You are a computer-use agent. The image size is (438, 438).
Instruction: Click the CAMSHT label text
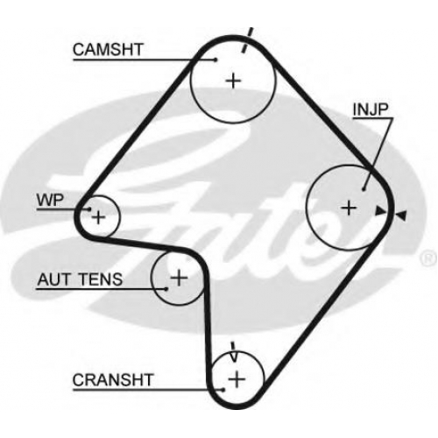(x=108, y=50)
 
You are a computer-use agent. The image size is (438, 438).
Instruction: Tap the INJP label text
(x=371, y=109)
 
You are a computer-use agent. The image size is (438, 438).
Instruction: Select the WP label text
(x=50, y=201)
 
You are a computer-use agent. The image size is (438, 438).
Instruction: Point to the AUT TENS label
(x=80, y=279)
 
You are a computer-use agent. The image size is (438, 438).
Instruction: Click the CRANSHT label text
(x=113, y=380)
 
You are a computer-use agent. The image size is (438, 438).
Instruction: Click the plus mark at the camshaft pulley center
(x=234, y=81)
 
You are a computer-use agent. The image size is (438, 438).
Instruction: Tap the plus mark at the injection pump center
(x=349, y=208)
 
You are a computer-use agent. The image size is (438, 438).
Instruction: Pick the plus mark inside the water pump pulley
(x=98, y=217)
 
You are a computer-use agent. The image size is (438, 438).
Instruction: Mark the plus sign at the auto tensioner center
(x=179, y=278)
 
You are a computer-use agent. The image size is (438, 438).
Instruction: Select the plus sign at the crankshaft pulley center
(x=237, y=380)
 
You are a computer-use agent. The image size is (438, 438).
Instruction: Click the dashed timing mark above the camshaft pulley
(x=247, y=40)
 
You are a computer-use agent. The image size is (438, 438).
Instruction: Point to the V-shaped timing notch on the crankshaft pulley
(x=234, y=352)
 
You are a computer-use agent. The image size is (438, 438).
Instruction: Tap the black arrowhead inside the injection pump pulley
(x=380, y=211)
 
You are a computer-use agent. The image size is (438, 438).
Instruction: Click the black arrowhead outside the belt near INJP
(x=400, y=215)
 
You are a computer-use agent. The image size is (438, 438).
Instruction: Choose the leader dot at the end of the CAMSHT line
(x=215, y=60)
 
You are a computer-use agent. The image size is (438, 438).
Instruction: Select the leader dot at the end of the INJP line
(x=364, y=190)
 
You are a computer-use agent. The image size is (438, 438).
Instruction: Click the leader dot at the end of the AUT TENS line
(x=166, y=289)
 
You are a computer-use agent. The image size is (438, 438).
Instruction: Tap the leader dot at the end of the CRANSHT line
(x=223, y=390)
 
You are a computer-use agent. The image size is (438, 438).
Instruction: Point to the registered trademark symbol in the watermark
(x=428, y=258)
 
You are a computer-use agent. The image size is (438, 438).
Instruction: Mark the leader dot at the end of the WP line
(x=89, y=209)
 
